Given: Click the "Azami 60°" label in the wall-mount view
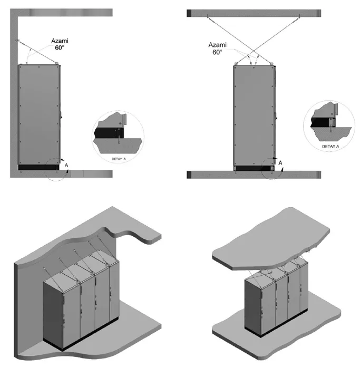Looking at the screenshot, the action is (x=60, y=44).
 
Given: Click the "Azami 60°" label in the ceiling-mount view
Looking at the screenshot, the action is (x=217, y=48).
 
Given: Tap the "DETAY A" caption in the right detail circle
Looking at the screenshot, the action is (x=330, y=147).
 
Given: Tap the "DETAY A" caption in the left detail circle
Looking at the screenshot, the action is (x=119, y=159).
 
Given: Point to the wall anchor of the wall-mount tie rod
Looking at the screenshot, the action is (x=17, y=41).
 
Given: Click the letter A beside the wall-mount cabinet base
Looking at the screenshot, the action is (x=66, y=165).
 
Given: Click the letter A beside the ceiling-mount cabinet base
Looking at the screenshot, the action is (x=280, y=163).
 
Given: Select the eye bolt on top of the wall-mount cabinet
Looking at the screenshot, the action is (x=56, y=63).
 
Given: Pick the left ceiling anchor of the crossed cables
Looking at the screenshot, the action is (x=208, y=16).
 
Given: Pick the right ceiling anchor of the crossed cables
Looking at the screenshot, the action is (x=299, y=16).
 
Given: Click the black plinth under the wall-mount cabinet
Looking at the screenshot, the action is (x=38, y=167).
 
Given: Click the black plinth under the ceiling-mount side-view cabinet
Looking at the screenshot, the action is (x=254, y=168).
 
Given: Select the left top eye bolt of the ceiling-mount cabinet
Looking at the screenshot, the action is (x=236, y=63).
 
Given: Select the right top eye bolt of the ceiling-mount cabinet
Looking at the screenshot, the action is (x=271, y=63).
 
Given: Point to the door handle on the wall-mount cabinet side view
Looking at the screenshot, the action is (x=61, y=114).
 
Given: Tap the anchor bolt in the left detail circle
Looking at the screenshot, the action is (x=119, y=139).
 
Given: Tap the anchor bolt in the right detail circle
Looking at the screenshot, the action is (x=331, y=128).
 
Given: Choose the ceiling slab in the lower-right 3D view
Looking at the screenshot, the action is (x=271, y=239).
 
